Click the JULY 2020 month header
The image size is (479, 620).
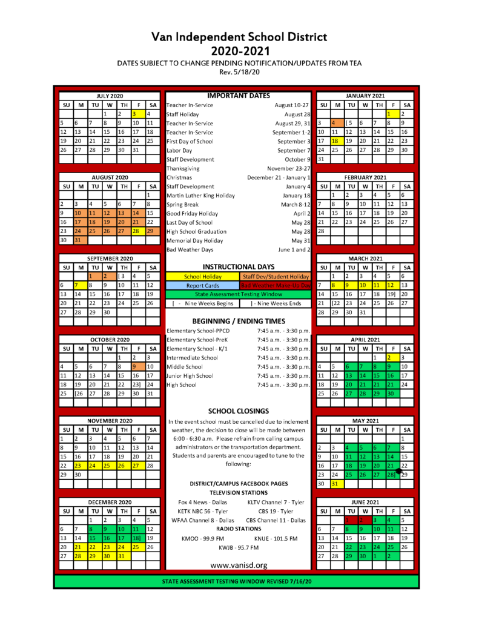coord(110,96)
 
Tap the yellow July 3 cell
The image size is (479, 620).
coord(139,113)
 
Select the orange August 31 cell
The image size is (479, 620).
coord(80,240)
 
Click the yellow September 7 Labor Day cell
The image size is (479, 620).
coord(80,285)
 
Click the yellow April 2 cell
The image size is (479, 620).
coord(393,357)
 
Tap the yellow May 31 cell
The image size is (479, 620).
coord(337,484)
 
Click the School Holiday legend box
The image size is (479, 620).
coord(203,276)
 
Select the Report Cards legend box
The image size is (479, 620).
coord(203,285)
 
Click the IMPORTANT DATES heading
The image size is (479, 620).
coord(238,96)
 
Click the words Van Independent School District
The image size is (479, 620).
coord(239,38)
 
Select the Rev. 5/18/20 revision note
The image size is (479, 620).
coord(239,71)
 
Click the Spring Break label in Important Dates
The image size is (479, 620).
coord(183,204)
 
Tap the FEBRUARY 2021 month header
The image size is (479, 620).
coord(365,177)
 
